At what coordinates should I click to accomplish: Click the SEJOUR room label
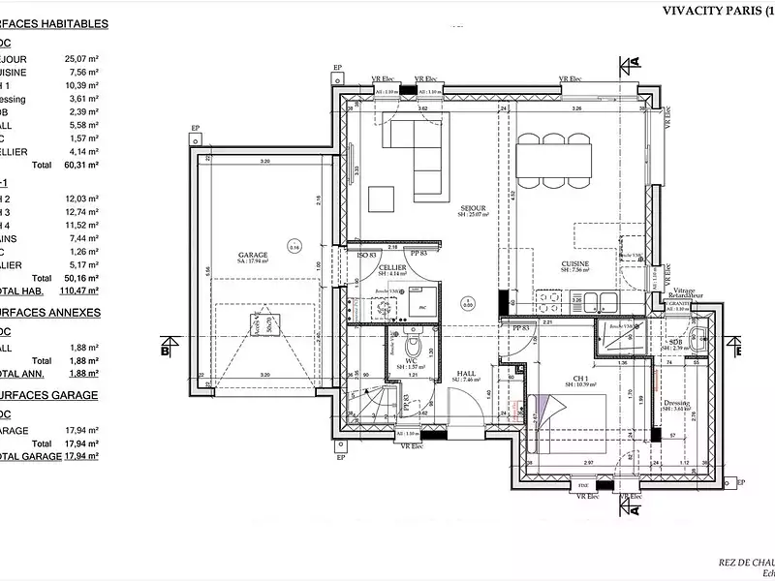[472, 208]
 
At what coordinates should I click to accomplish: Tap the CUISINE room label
[575, 263]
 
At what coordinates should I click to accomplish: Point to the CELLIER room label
[392, 267]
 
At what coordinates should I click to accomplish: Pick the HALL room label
[467, 372]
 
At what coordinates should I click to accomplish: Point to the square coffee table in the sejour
[382, 199]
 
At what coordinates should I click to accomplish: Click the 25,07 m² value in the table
[84, 59]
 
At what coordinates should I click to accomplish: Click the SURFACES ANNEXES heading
[49, 313]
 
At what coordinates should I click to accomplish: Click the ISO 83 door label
[366, 255]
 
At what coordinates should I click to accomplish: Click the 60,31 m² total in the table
[84, 166]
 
